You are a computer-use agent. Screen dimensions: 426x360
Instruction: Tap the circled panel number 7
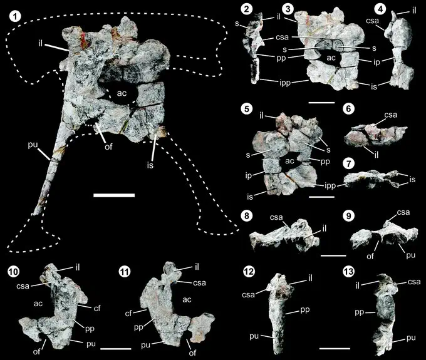point(349,164)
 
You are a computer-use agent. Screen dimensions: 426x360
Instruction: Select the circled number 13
point(349,272)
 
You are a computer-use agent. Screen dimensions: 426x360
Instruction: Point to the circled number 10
point(14,272)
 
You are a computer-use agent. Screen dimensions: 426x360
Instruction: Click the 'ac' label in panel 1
point(122,93)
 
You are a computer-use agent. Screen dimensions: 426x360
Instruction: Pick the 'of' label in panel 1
point(108,147)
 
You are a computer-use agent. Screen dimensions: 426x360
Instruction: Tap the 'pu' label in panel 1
point(33,145)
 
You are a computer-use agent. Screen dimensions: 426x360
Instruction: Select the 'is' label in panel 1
point(150,165)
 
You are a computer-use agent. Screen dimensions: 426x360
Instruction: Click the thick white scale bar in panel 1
point(114,195)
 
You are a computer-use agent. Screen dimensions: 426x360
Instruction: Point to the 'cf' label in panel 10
point(97,308)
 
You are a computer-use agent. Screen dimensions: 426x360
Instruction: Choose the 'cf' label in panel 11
point(128,313)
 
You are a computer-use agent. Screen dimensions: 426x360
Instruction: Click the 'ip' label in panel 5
point(249,176)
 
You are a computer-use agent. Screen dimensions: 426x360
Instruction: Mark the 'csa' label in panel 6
point(390,115)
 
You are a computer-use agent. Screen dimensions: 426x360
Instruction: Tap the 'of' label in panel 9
point(370,256)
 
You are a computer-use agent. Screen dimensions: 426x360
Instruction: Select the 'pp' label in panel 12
point(305,310)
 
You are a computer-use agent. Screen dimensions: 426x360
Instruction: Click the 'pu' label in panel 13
point(411,337)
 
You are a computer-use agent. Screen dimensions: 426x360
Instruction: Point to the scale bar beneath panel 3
point(321,103)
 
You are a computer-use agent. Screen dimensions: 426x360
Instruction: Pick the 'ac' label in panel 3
point(331,58)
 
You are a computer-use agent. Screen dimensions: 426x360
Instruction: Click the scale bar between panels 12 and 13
point(335,348)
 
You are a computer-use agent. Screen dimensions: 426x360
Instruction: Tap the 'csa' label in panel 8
point(276,217)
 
